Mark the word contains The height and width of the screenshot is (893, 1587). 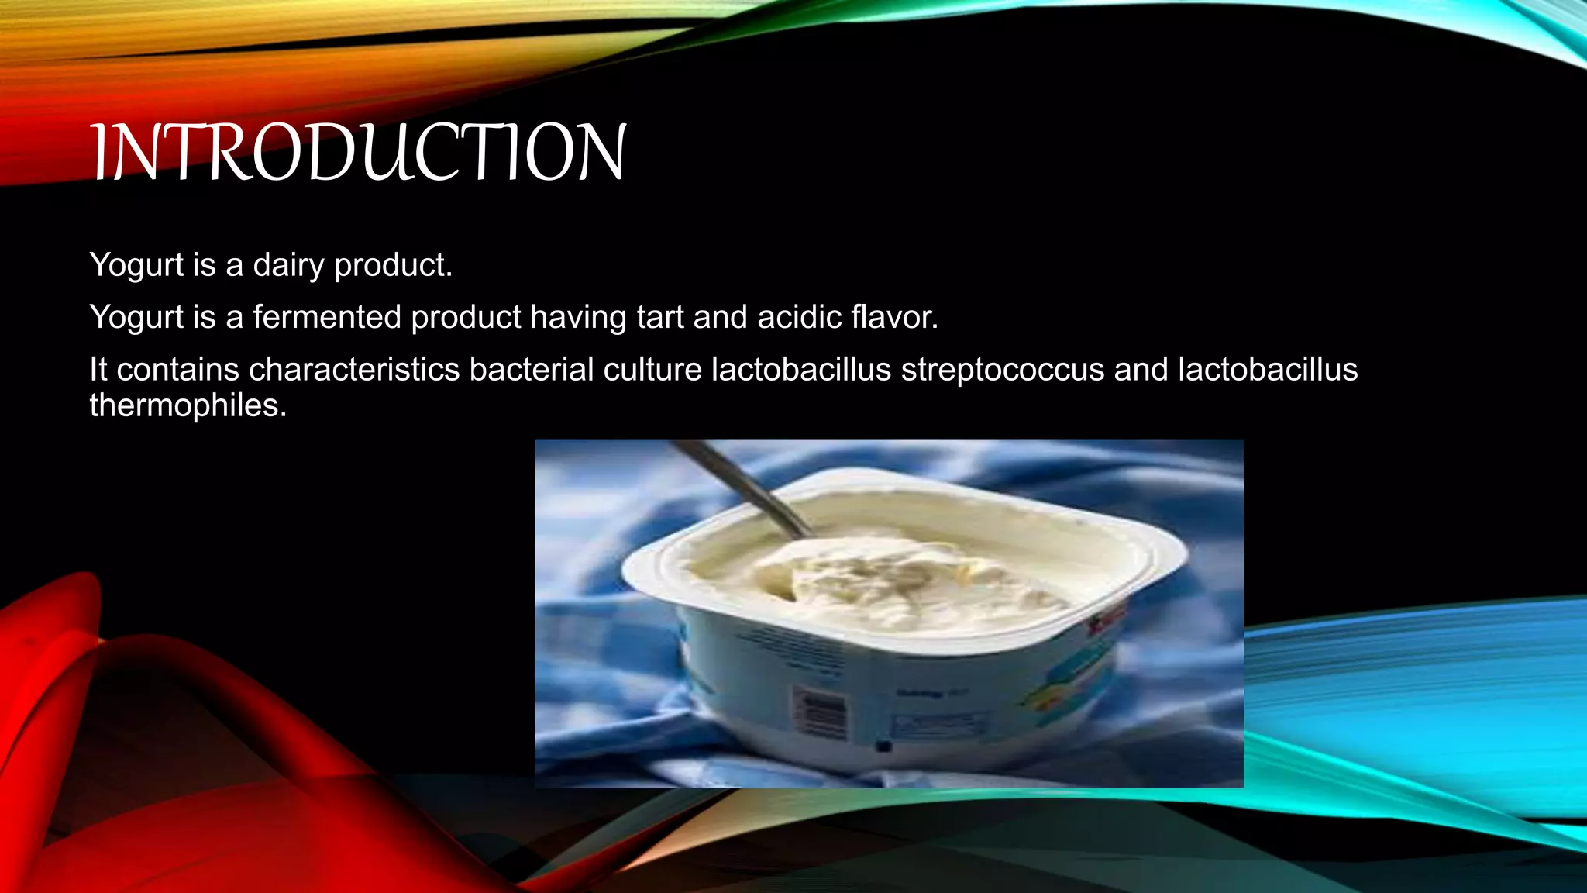177,370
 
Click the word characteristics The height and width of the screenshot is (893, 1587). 354,370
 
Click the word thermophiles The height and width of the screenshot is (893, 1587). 188,405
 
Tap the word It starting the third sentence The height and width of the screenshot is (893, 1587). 98,370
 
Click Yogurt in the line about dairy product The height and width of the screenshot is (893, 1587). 136,266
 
